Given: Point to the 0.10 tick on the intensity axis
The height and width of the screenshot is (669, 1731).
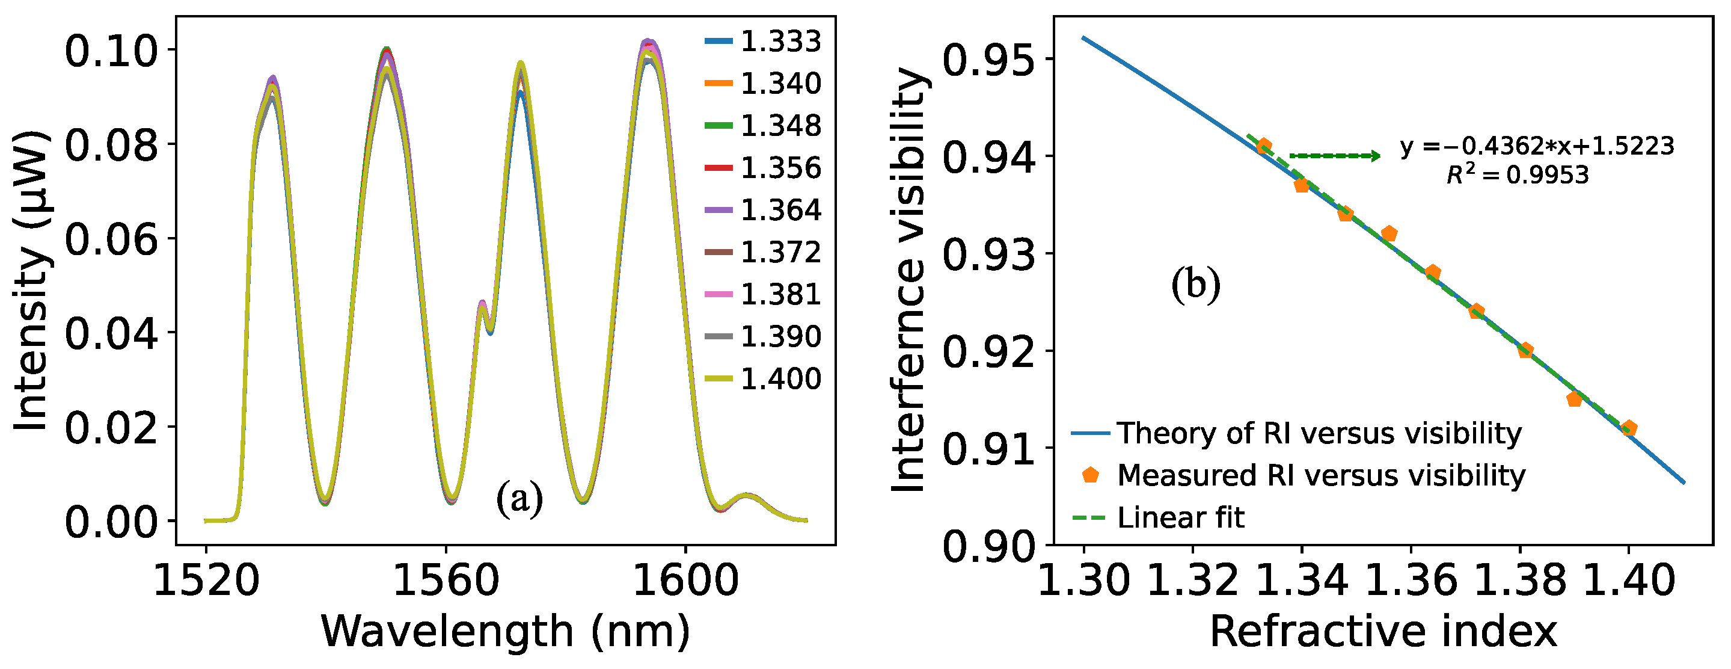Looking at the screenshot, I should tap(111, 51).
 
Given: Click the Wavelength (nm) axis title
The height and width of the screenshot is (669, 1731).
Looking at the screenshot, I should tap(505, 632).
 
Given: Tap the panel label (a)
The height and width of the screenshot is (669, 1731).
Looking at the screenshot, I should tap(519, 499).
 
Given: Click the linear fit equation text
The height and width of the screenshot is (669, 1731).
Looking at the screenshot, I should tap(1537, 146).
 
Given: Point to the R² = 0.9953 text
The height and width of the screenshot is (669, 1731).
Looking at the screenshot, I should tap(1518, 176).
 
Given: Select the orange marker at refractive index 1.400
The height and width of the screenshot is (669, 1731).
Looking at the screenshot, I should tap(1629, 428).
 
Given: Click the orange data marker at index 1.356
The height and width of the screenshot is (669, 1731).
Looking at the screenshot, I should tap(1389, 234).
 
